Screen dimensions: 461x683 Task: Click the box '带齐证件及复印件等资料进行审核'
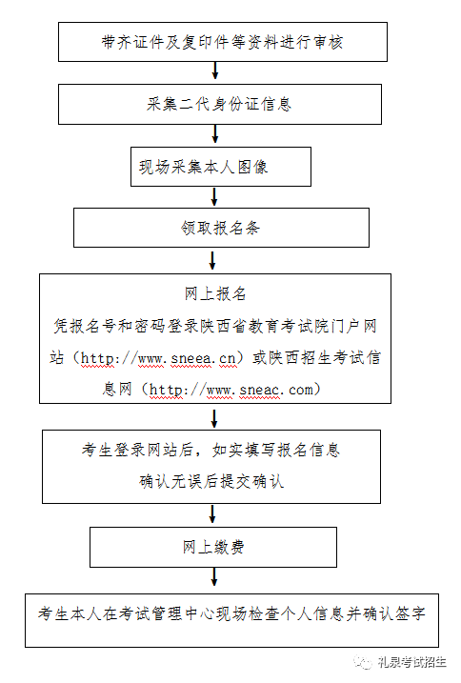coord(223,42)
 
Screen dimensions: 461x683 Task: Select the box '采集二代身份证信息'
coord(220,104)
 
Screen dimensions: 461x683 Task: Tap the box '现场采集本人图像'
coord(221,167)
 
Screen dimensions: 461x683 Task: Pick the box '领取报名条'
coord(221,228)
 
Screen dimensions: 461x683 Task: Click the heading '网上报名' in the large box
coord(215,294)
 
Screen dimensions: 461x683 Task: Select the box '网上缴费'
coord(213,547)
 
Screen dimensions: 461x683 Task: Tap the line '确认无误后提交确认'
coord(211,481)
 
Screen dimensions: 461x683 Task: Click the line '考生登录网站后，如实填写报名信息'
coord(210,450)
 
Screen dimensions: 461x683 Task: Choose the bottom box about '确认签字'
coord(231,620)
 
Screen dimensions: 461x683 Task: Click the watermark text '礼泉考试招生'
coord(411,662)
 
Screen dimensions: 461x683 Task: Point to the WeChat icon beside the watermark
coord(363,662)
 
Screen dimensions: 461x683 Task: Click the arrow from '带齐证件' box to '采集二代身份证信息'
coord(215,70)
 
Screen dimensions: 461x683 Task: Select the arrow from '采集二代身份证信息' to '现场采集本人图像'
coord(215,133)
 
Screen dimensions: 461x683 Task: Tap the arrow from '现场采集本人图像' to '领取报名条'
coord(214,196)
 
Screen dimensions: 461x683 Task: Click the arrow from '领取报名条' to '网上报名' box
coord(212,260)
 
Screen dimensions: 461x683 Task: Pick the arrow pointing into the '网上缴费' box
coord(212,514)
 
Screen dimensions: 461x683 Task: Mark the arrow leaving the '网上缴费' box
coord(214,576)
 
